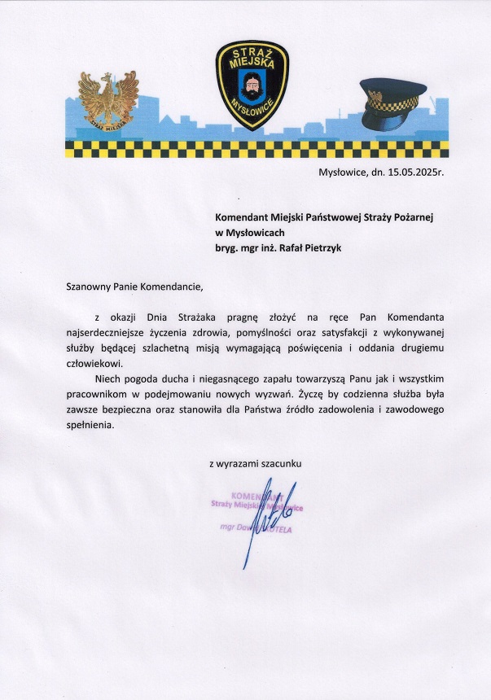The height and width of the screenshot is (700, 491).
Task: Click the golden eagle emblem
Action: [x=108, y=100]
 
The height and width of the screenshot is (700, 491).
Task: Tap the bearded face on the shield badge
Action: [x=252, y=81]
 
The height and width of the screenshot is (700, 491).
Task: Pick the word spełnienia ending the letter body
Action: [x=91, y=425]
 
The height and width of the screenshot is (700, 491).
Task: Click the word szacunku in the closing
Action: [x=280, y=463]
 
